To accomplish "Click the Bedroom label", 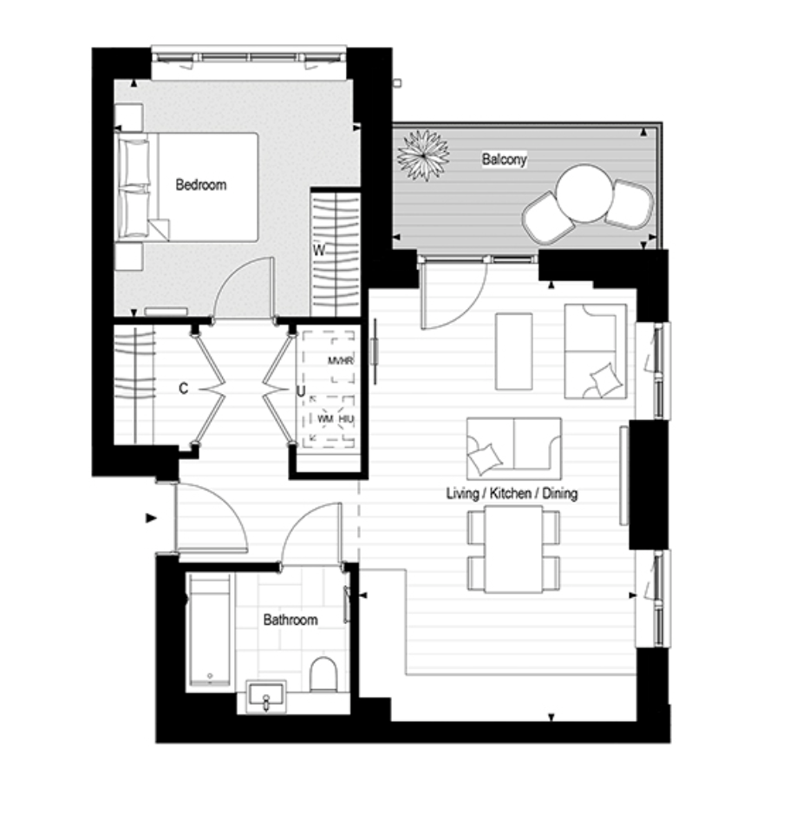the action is (x=200, y=185).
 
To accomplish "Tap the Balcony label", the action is (x=504, y=159).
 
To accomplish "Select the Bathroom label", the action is (x=290, y=620).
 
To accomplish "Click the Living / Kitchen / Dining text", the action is (x=512, y=493).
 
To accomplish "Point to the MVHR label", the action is (x=340, y=360).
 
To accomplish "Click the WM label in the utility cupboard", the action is (x=325, y=418).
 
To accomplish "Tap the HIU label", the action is (x=346, y=418).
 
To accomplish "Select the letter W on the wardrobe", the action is (x=319, y=251).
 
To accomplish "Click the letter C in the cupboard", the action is (x=183, y=388).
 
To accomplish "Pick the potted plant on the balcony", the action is (x=423, y=155).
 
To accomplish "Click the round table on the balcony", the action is (x=584, y=194).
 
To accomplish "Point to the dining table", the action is (x=514, y=549).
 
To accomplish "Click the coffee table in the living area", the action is (x=514, y=351).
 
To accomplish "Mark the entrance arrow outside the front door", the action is (x=151, y=517).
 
